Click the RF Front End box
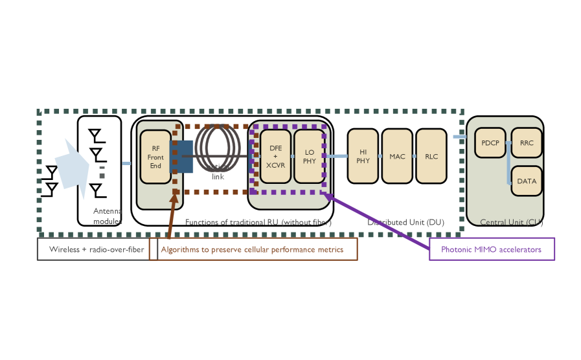155,157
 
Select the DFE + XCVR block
276,156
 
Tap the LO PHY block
309,156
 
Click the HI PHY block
363,156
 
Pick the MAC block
397,156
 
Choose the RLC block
431,156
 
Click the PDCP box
490,144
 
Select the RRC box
527,144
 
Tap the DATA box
527,181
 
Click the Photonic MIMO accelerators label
492,249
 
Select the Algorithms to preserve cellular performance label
253,249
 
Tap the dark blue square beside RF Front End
181,156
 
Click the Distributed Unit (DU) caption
405,222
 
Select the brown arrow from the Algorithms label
171,217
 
